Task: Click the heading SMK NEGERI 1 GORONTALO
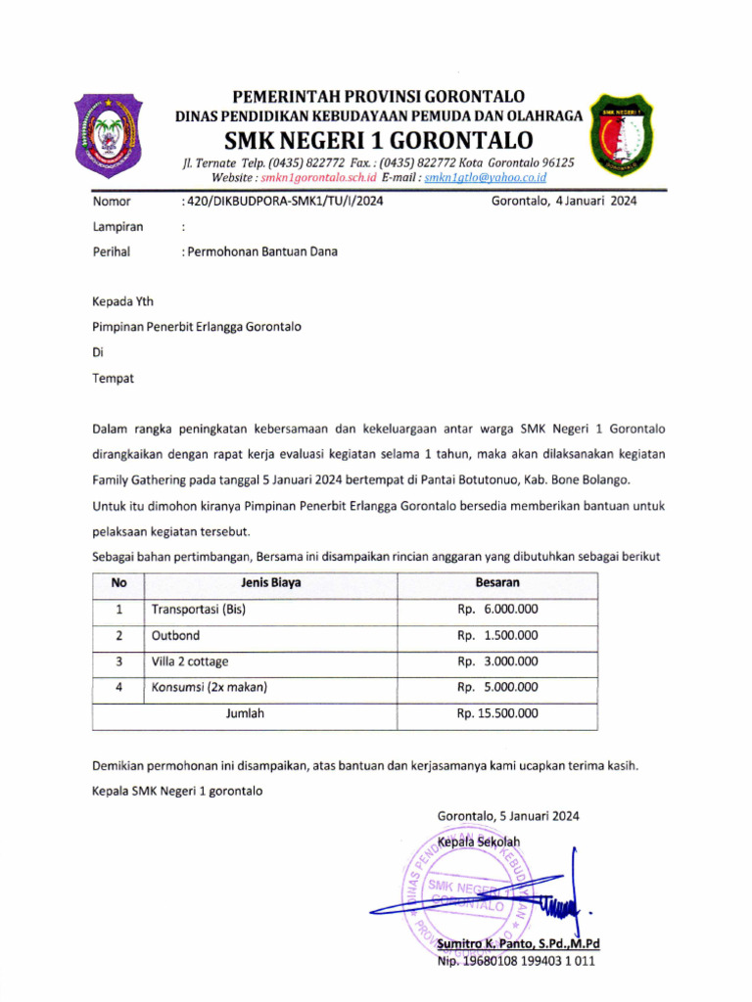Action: point(378,140)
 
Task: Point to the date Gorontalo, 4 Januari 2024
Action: point(564,202)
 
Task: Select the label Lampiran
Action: point(117,226)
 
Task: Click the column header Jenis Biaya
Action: point(270,583)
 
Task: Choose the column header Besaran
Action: point(497,583)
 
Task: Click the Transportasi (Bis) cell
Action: point(198,610)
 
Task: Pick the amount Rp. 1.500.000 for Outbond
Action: point(497,635)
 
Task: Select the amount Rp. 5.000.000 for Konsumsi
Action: point(497,687)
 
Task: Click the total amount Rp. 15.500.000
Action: point(497,713)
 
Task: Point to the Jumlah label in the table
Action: point(245,713)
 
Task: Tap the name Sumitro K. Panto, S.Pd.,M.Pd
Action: point(518,944)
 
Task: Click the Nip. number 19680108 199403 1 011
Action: point(516,961)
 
